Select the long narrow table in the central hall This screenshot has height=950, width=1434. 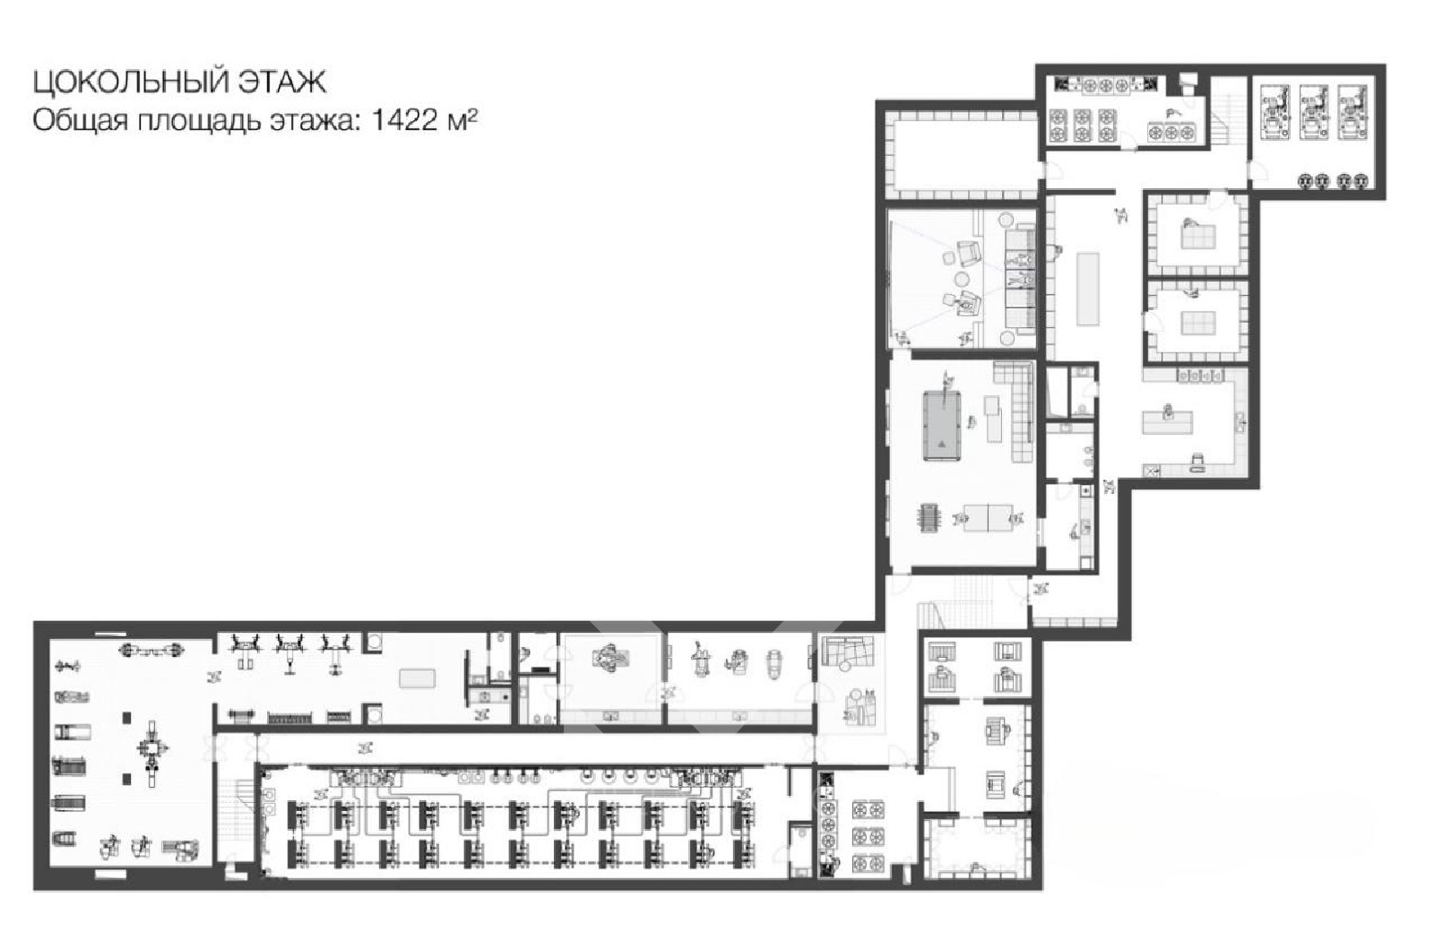[x=1088, y=289]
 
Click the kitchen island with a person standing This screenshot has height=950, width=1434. [x=1168, y=421]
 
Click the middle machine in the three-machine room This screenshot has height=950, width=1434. [x=1313, y=113]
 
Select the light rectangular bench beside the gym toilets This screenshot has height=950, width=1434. [x=418, y=678]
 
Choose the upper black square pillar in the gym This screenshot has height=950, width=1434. [x=126, y=718]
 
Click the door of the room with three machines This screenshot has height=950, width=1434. [x=1257, y=170]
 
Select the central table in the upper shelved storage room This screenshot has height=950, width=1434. [x=1198, y=237]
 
